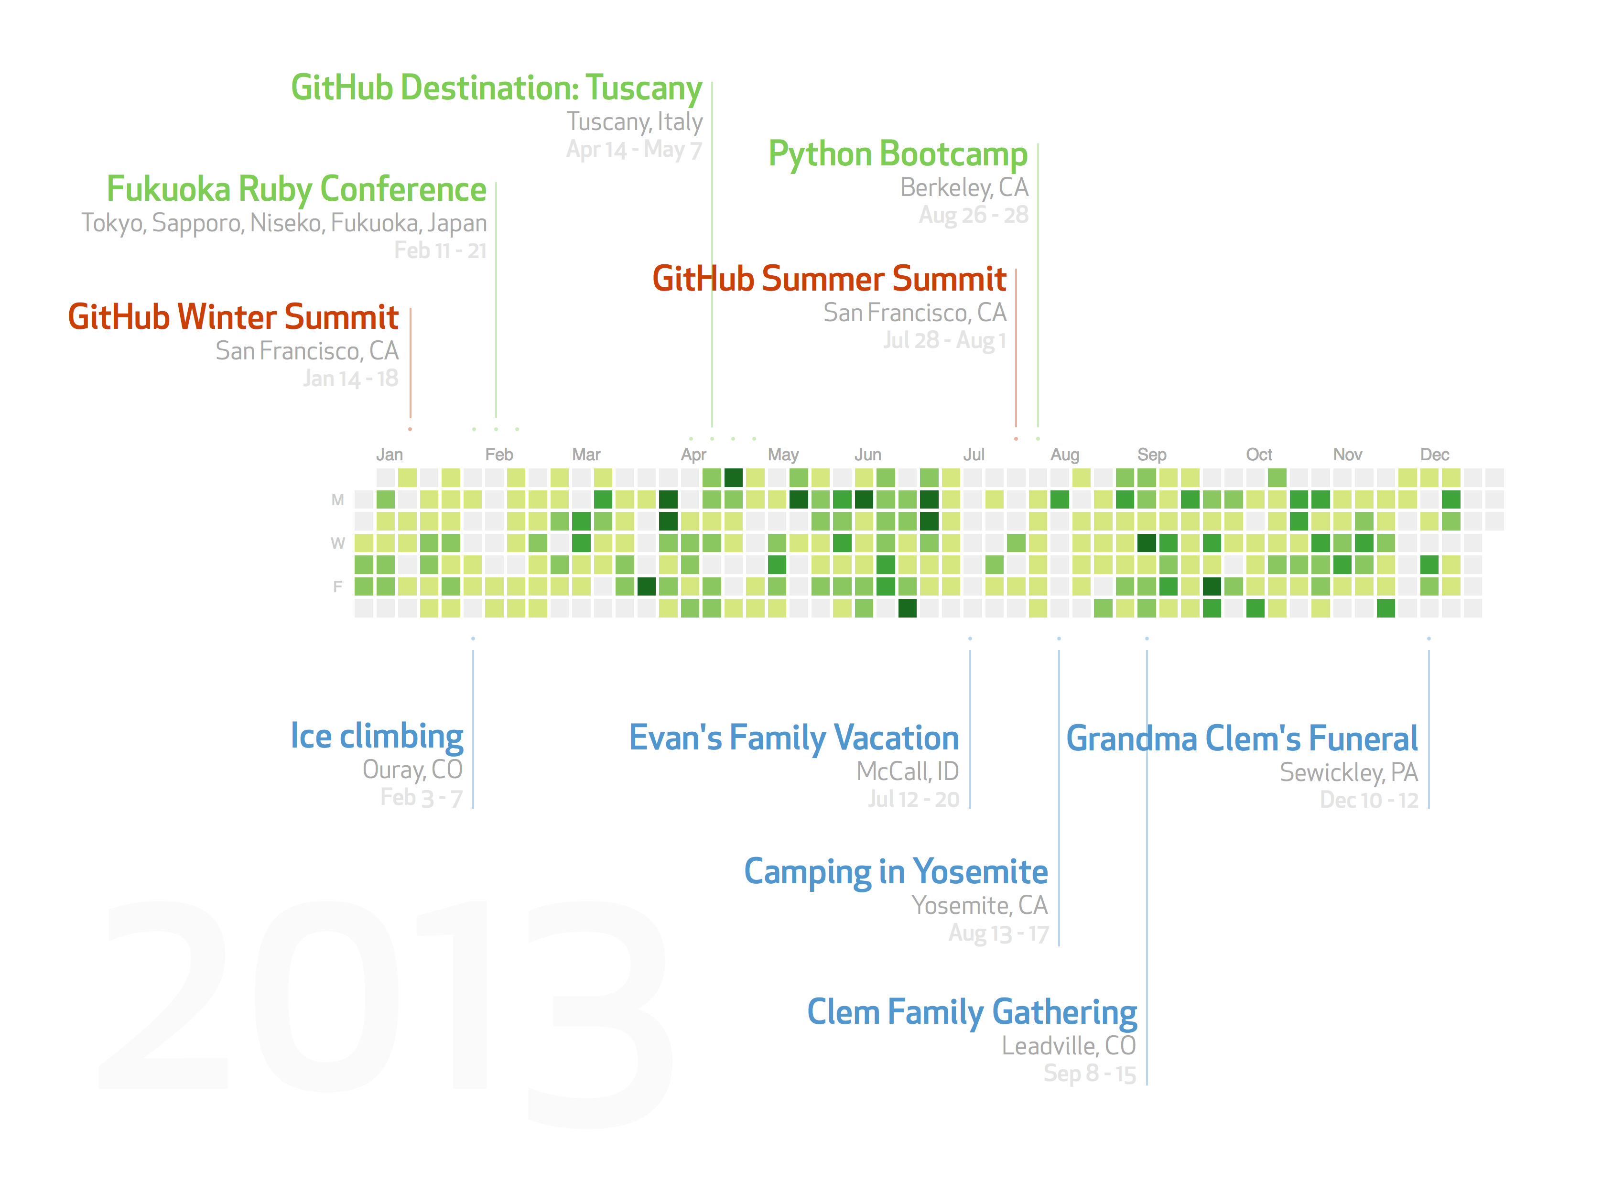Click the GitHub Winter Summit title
233,317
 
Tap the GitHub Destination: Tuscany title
497,88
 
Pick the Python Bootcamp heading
898,154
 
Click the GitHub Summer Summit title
830,279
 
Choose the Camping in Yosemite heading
896,872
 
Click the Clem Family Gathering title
972,1012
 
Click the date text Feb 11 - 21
440,250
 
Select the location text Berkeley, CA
964,188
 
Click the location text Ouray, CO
412,770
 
